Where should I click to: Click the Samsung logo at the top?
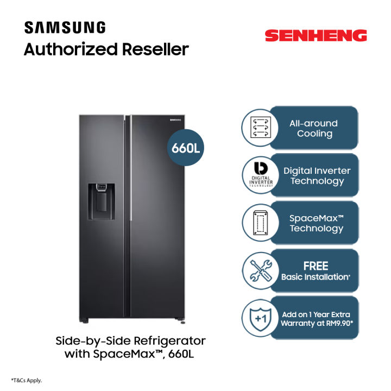(x=65, y=28)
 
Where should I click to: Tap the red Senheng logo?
(x=316, y=36)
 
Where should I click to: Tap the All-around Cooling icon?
(x=260, y=128)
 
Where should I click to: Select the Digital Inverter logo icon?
(x=260, y=175)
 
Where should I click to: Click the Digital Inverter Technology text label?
(x=317, y=175)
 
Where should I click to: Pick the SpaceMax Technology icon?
(x=260, y=222)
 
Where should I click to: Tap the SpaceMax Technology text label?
(x=317, y=223)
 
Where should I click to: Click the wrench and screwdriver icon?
(x=260, y=270)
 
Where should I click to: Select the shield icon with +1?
(x=260, y=318)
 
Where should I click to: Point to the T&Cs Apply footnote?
(x=27, y=380)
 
